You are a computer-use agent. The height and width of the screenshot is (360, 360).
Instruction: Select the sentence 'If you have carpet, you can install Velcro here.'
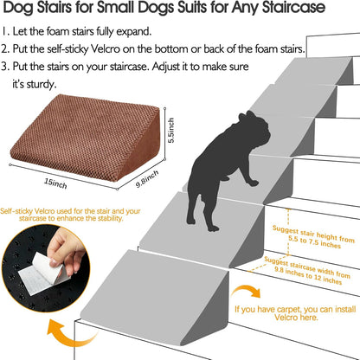(295, 312)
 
